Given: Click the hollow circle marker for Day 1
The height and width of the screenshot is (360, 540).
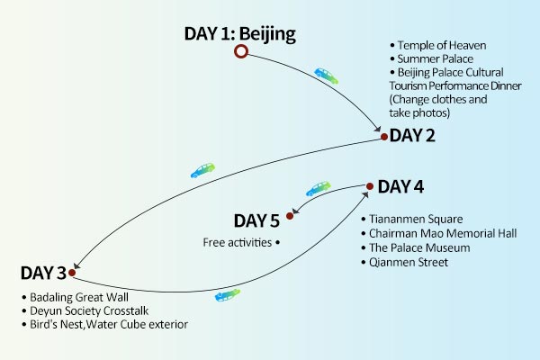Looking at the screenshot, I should click(240, 52).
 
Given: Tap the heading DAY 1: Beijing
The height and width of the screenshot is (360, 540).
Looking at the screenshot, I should click(239, 34).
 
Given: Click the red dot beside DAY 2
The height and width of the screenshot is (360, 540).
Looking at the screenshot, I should click(384, 137).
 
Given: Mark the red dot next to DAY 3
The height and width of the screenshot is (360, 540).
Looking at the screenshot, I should click(72, 271).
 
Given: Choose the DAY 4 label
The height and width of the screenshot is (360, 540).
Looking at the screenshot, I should click(400, 187).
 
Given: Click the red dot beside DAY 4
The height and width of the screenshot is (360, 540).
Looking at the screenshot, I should click(369, 188).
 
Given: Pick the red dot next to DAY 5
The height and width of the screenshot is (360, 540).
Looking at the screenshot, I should click(290, 216).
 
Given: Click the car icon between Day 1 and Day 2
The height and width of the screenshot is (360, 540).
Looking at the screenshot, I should click(326, 76).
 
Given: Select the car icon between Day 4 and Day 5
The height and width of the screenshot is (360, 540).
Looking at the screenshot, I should click(319, 189).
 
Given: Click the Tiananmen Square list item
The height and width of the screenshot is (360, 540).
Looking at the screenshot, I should click(409, 219).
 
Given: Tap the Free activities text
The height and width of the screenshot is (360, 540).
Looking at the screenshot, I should click(236, 243).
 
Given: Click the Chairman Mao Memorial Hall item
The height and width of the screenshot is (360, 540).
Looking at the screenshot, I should click(430, 233).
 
